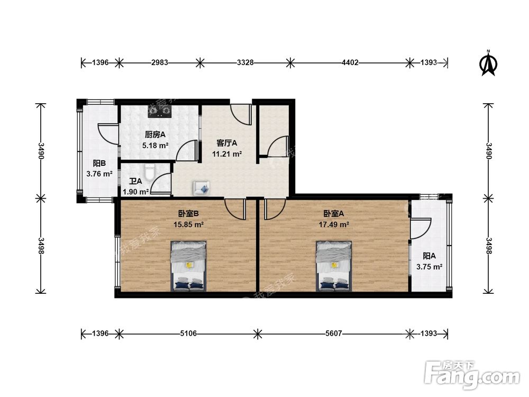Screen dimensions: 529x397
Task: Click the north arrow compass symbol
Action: coord(488,64)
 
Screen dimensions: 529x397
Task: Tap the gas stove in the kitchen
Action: coord(160,111)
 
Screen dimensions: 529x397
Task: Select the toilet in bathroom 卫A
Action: coord(150,172)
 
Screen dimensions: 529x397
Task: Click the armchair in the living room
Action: coord(202,188)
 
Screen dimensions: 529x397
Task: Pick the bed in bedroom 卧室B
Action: coord(189,266)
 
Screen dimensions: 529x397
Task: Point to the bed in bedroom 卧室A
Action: coord(334,266)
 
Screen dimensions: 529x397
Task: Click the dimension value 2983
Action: coord(160,62)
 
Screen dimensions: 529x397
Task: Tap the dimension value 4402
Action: coord(350,62)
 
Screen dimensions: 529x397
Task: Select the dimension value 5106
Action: coord(188,334)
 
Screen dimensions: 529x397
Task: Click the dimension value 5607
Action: coord(334,334)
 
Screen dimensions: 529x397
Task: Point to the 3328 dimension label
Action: coord(245,62)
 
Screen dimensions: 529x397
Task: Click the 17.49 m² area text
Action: coord(334,224)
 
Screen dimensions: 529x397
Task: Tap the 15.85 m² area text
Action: coord(189,224)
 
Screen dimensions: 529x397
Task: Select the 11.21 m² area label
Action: coord(227,154)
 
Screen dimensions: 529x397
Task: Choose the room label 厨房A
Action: coord(155,134)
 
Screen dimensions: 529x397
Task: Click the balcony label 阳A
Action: coord(429,256)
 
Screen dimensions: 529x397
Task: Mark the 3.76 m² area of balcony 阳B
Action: coord(99,174)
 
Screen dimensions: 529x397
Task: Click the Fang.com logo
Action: coord(472,374)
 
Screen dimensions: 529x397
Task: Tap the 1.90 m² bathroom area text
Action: coord(135,192)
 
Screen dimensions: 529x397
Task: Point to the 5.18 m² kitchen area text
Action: coord(155,146)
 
